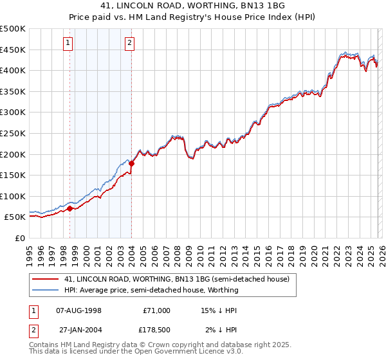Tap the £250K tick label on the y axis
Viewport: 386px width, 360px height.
(13, 133)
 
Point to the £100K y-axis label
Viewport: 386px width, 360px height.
(13, 196)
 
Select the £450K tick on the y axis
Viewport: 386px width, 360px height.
(13, 50)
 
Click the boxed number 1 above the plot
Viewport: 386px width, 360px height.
(68, 43)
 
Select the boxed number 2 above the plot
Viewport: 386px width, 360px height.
(129, 43)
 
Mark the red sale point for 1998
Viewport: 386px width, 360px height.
(69, 208)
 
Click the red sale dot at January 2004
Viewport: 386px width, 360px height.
(131, 163)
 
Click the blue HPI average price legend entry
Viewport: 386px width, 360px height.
(151, 290)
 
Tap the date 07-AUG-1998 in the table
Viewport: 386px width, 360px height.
(79, 310)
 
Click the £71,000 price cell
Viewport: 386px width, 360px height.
(156, 310)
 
